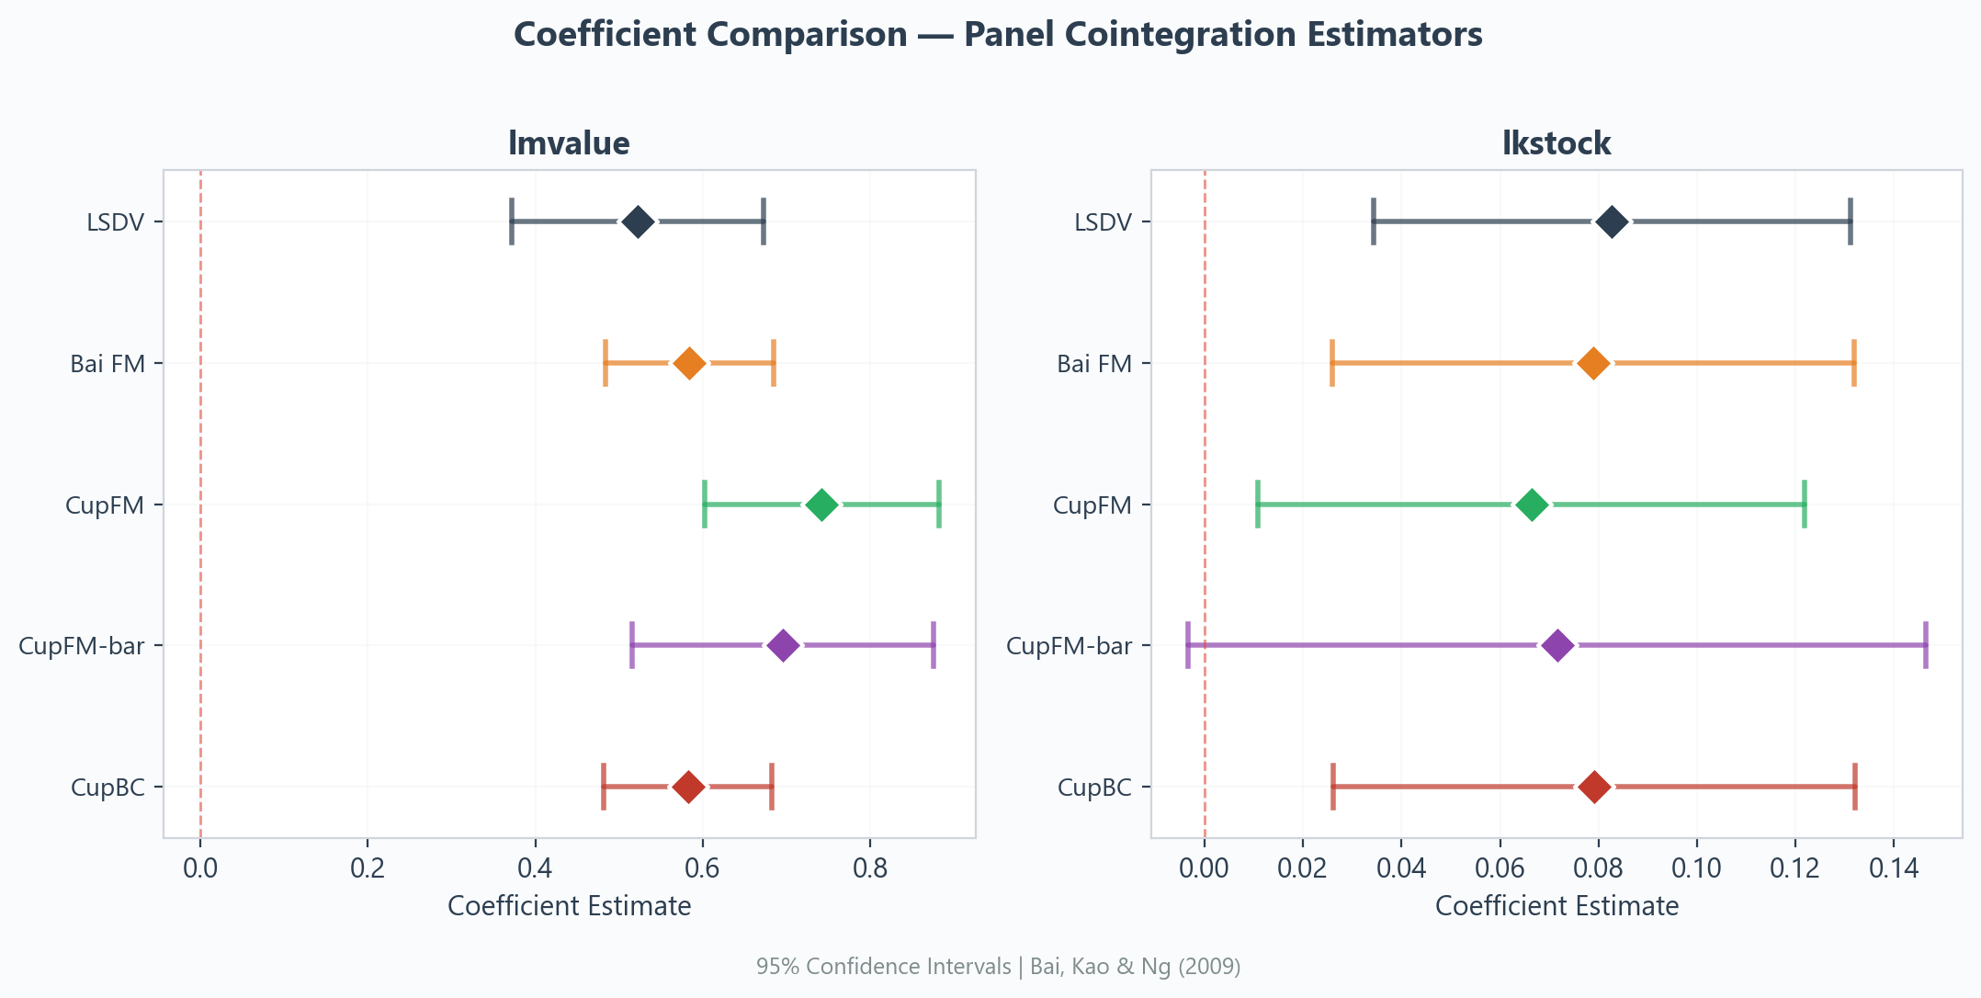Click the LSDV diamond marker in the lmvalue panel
click(x=638, y=221)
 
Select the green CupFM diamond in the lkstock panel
click(x=1532, y=505)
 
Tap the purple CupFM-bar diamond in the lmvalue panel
click(x=782, y=645)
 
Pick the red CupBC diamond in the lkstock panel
click(x=1594, y=787)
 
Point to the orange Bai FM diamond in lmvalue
click(x=689, y=363)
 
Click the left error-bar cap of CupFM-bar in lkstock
click(x=1188, y=645)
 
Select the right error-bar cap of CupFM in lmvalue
click(x=939, y=505)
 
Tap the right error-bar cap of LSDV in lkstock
click(x=1851, y=221)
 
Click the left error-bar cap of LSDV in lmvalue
click(x=512, y=221)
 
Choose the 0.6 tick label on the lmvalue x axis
click(x=702, y=868)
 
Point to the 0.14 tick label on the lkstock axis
click(x=1893, y=868)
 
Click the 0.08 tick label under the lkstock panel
click(x=1598, y=868)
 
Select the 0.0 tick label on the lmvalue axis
click(x=199, y=868)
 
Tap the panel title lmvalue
click(x=569, y=143)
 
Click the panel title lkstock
click(x=1556, y=143)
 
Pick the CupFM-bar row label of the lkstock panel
click(x=1069, y=646)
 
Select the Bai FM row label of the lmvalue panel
click(x=108, y=364)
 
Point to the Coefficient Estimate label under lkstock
click(x=1556, y=906)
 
